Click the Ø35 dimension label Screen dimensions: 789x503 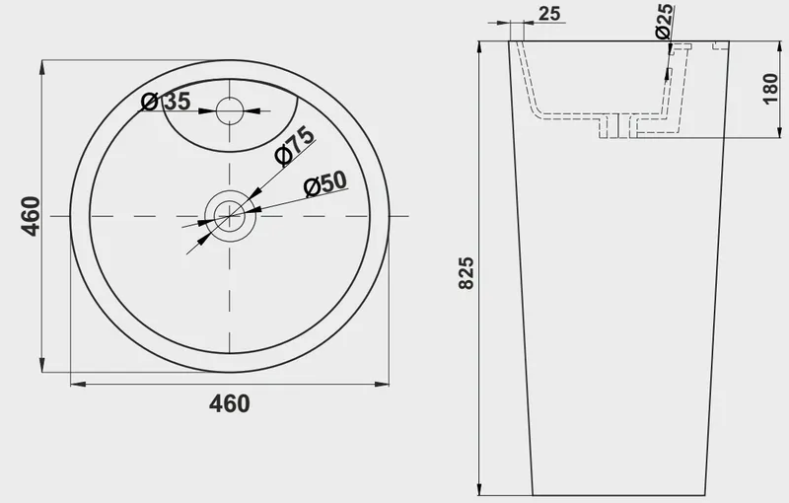coord(166,102)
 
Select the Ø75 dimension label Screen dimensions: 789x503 coord(295,146)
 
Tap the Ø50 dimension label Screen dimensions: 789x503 coord(325,184)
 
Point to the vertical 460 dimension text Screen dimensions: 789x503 coord(31,216)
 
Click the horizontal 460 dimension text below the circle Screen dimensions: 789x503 coord(230,403)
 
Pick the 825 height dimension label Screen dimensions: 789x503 coord(466,273)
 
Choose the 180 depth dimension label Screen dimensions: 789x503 coord(770,89)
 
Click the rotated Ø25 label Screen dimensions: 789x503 coord(664,21)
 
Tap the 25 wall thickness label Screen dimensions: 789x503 coord(549,14)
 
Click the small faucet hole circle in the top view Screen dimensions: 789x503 coord(230,110)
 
